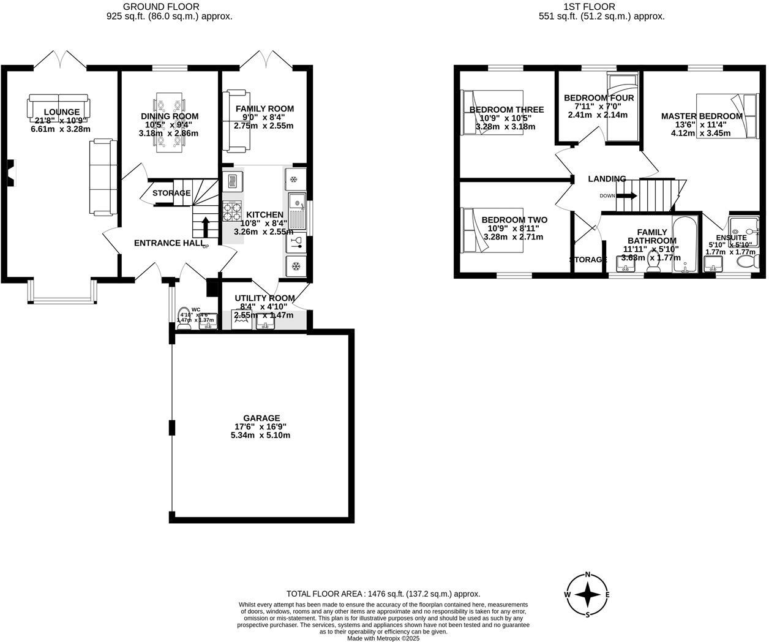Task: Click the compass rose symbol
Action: click(588, 594)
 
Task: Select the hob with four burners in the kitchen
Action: click(232, 212)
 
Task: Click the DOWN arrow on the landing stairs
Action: click(626, 196)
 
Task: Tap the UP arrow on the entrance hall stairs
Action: click(205, 226)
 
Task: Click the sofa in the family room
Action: click(236, 121)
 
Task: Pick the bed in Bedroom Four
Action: click(622, 107)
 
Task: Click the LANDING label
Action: click(607, 179)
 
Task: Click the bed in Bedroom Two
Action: click(484, 230)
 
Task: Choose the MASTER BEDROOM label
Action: click(702, 116)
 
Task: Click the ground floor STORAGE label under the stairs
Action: click(171, 193)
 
